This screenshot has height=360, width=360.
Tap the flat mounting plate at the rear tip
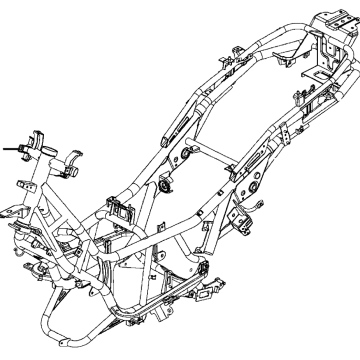330,20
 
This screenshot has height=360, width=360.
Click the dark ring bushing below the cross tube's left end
164,185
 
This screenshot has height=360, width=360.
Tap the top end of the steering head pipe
40,135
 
